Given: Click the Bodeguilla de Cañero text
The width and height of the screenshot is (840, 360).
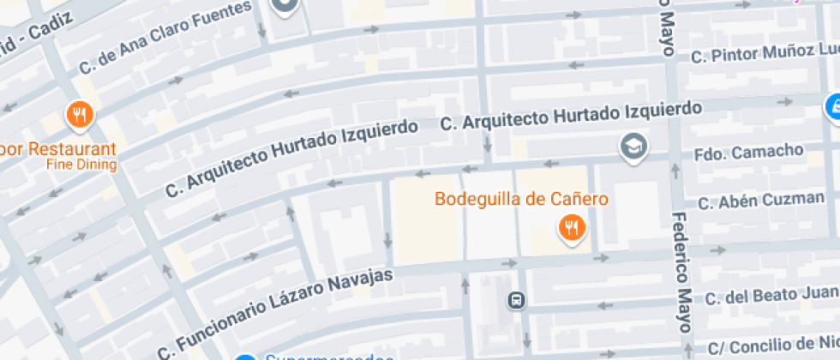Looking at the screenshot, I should point(521,200).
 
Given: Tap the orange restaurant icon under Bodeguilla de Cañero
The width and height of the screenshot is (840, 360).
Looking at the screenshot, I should point(569,228).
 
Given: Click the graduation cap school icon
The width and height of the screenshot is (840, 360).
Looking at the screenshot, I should point(633,147).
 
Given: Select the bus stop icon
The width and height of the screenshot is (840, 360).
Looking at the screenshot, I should point(516,301).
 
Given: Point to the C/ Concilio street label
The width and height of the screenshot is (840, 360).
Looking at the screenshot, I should point(771,347).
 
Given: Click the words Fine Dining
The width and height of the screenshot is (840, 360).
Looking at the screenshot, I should point(81,165).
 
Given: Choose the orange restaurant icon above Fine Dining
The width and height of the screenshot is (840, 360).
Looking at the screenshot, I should point(80,115).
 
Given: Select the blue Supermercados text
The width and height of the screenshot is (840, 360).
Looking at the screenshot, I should point(321,357).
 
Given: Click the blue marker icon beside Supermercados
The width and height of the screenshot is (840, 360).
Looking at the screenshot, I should point(246,357).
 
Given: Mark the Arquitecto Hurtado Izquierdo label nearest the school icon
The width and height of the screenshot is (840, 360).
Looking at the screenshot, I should point(570,116).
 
